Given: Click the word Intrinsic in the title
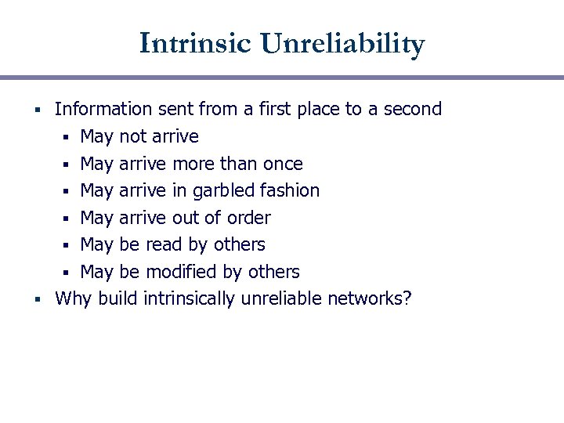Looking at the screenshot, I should click(197, 43).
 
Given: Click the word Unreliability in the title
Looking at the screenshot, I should click(343, 43).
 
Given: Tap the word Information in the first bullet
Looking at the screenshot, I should click(103, 109).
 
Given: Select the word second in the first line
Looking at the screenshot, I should click(412, 109).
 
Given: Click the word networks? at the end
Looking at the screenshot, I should click(369, 298).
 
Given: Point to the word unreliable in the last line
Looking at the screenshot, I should click(280, 298).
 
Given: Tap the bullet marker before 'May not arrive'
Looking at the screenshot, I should click(68, 137).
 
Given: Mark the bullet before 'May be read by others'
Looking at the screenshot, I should click(68, 245).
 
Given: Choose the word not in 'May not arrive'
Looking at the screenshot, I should click(132, 136).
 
